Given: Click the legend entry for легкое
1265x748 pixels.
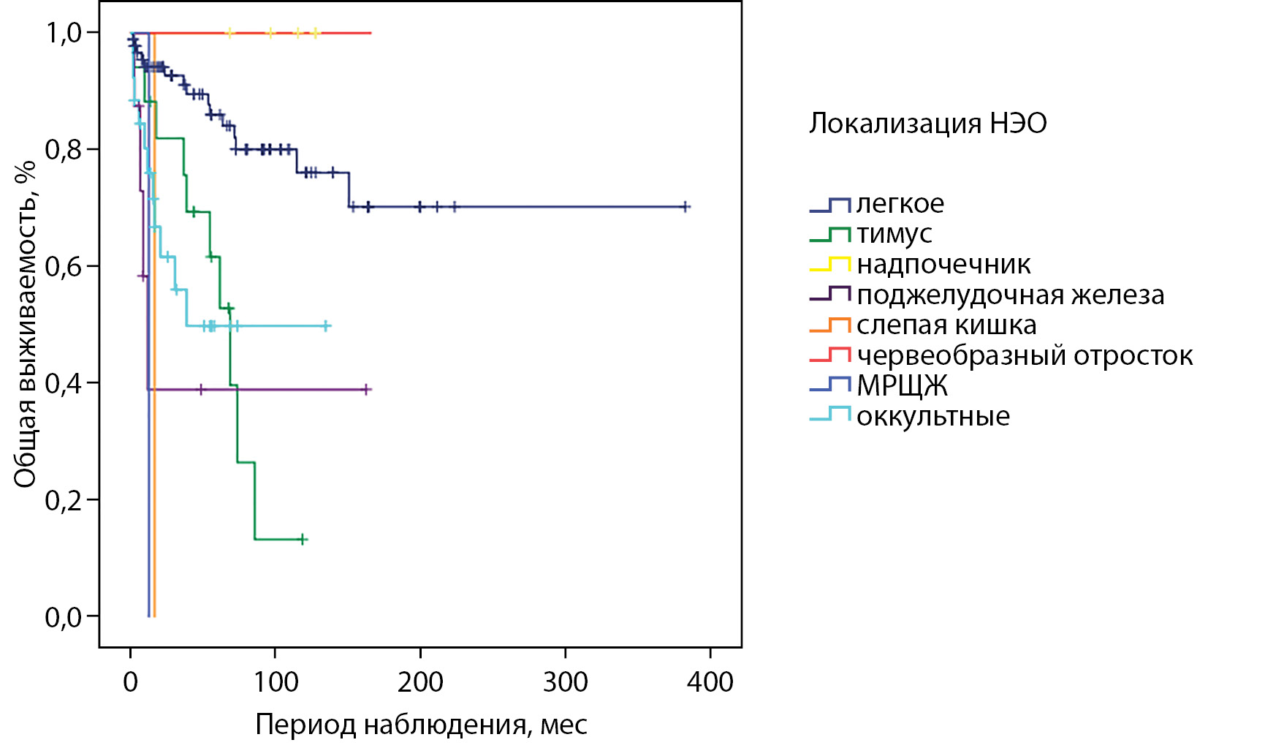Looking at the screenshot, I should [900, 204].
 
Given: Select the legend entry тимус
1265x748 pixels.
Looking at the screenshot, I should [894, 234].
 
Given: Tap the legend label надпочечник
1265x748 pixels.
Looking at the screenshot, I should [943, 265].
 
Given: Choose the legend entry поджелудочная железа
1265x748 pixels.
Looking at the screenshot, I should [1010, 295].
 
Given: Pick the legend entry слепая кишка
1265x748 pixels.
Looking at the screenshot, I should [946, 325].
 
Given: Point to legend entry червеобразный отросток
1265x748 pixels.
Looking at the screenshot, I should [1025, 356].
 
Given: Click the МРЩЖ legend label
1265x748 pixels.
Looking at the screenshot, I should [902, 386].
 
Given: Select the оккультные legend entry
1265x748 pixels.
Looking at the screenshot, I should [933, 417].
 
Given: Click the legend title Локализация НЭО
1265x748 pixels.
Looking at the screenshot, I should [927, 124].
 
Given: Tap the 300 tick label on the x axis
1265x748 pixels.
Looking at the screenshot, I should [565, 682].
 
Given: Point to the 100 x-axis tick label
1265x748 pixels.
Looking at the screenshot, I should [275, 682].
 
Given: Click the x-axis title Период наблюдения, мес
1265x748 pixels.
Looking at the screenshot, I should [421, 725].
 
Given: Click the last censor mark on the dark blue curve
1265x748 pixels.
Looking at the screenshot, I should [685, 207].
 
